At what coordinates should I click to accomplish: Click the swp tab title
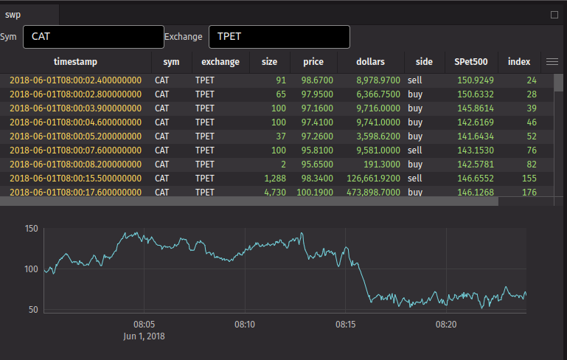[x=13, y=14]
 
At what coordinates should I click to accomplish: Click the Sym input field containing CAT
[x=93, y=37]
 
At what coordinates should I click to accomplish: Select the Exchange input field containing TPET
[x=279, y=37]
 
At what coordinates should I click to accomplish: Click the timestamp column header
[x=75, y=62]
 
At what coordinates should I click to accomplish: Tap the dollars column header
[x=370, y=62]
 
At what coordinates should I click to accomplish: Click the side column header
[x=424, y=62]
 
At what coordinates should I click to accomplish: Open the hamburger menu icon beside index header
[x=552, y=62]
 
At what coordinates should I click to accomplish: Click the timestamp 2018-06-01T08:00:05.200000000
[x=75, y=136]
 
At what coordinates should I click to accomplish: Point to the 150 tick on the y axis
[x=30, y=229]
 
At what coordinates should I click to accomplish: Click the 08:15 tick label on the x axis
[x=345, y=325]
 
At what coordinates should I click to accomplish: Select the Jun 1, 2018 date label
[x=144, y=336]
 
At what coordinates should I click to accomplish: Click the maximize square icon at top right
[x=554, y=14]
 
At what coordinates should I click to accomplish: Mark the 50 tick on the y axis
[x=33, y=309]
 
